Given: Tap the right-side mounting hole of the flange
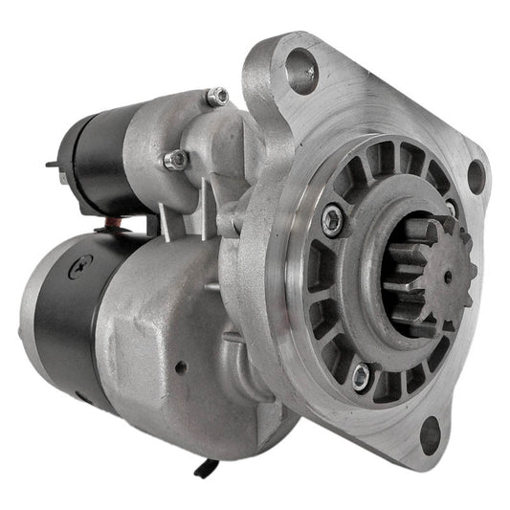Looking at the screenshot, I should (475, 175).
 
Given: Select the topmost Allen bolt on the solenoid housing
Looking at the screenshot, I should (217, 96).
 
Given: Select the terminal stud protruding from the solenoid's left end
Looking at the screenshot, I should (53, 165).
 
